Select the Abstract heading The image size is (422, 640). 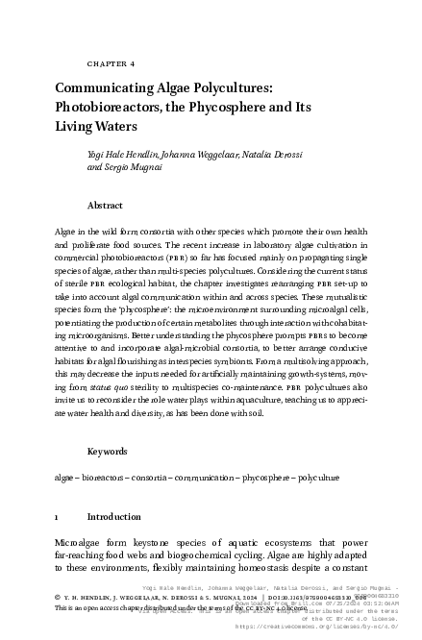pos(105,205)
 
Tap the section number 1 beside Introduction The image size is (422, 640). pos(58,516)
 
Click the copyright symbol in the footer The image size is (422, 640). pos(59,595)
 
